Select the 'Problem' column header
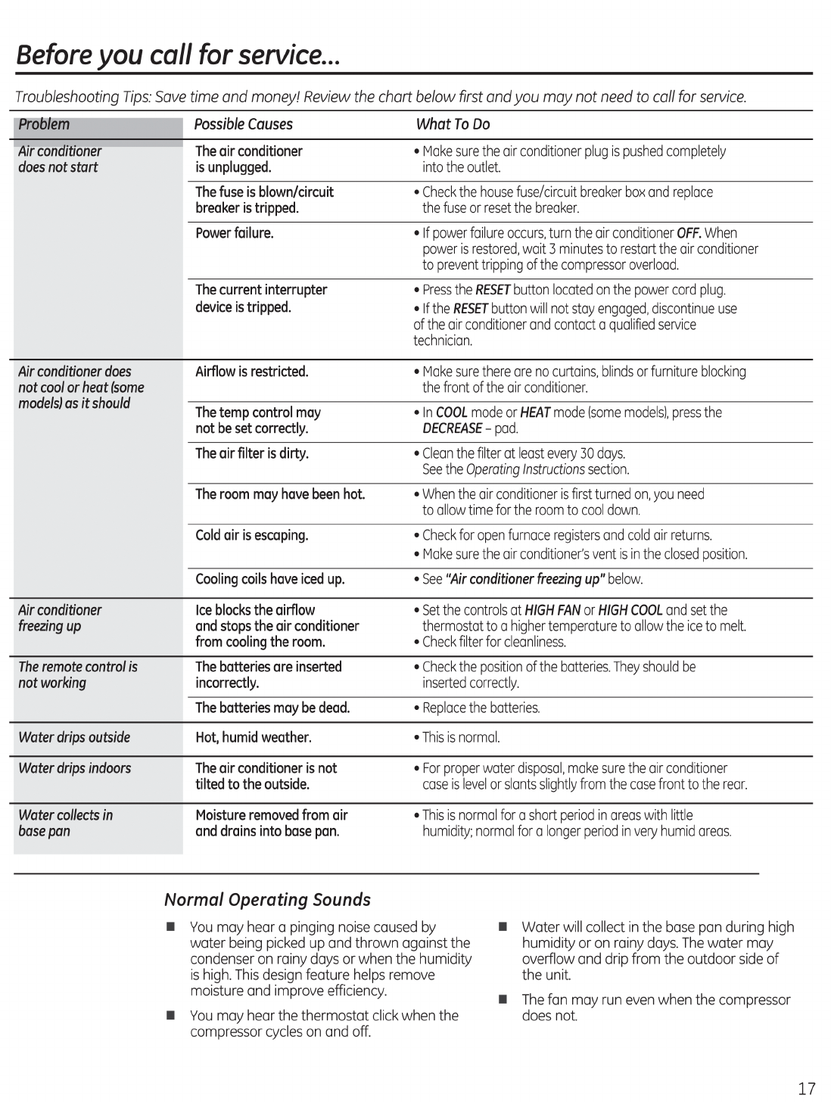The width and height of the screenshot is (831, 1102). (44, 124)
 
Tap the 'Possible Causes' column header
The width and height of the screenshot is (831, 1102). (243, 124)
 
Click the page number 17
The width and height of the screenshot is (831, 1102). (806, 1088)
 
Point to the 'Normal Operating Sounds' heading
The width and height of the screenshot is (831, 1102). (267, 900)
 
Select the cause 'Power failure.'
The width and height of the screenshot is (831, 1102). (234, 233)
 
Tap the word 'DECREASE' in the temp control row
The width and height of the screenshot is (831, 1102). (452, 428)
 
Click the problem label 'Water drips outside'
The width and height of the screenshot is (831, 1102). (74, 737)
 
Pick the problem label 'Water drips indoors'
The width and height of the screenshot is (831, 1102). (74, 768)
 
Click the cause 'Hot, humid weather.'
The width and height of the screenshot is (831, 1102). (254, 737)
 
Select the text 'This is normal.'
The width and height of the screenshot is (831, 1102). (461, 737)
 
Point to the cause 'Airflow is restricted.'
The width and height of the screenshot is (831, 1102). (252, 372)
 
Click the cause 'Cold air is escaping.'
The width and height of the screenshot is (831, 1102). (252, 535)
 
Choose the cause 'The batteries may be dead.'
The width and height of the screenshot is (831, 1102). (272, 708)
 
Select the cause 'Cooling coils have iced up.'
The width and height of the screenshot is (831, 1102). (269, 579)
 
